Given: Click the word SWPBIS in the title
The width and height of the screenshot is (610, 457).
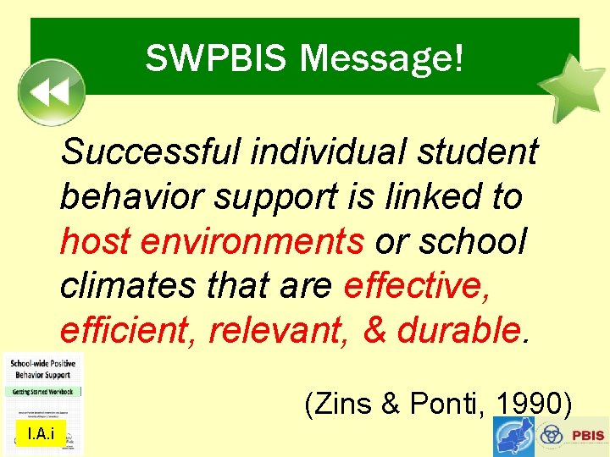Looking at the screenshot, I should pyautogui.click(x=217, y=58).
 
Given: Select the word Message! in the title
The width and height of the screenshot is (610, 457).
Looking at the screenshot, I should pyautogui.click(x=382, y=58).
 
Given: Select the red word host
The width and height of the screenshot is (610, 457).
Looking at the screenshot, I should pyautogui.click(x=94, y=242).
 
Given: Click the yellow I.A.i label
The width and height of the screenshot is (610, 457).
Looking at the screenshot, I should pyautogui.click(x=41, y=435).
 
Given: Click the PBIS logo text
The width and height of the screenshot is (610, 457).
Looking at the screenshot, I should pyautogui.click(x=587, y=436).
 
